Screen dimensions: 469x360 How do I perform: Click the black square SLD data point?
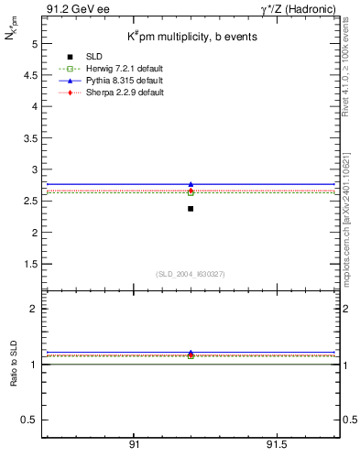pos(191,209)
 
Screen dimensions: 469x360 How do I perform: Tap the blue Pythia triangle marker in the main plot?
pos(191,184)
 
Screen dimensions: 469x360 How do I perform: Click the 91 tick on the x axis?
pos(134,444)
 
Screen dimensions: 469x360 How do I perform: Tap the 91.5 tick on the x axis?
pos(277,444)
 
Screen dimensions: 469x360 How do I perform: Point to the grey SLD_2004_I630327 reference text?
pos(191,273)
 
